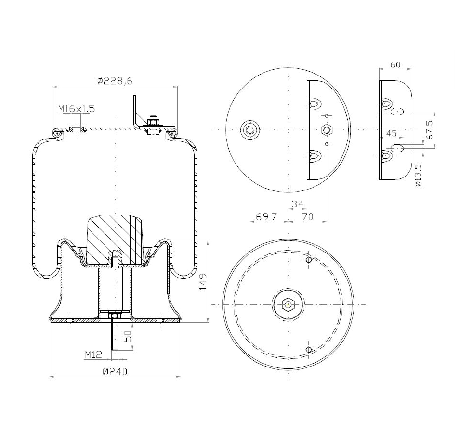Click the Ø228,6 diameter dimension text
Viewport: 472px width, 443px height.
(115, 81)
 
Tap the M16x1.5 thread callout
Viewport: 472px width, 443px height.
(77, 109)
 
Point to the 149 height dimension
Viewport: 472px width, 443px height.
(203, 281)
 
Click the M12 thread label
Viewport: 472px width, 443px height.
(93, 354)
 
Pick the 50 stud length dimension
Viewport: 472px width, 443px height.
(128, 336)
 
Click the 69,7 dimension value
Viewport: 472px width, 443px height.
(266, 217)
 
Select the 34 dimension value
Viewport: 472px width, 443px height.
(298, 204)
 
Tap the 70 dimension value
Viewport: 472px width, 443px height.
(307, 217)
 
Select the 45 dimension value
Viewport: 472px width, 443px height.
(391, 133)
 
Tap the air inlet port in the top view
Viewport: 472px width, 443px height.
(250, 130)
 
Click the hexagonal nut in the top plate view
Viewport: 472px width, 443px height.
(327, 130)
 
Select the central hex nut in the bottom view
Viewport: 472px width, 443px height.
(287, 304)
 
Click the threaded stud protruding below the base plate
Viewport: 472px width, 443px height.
(116, 337)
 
